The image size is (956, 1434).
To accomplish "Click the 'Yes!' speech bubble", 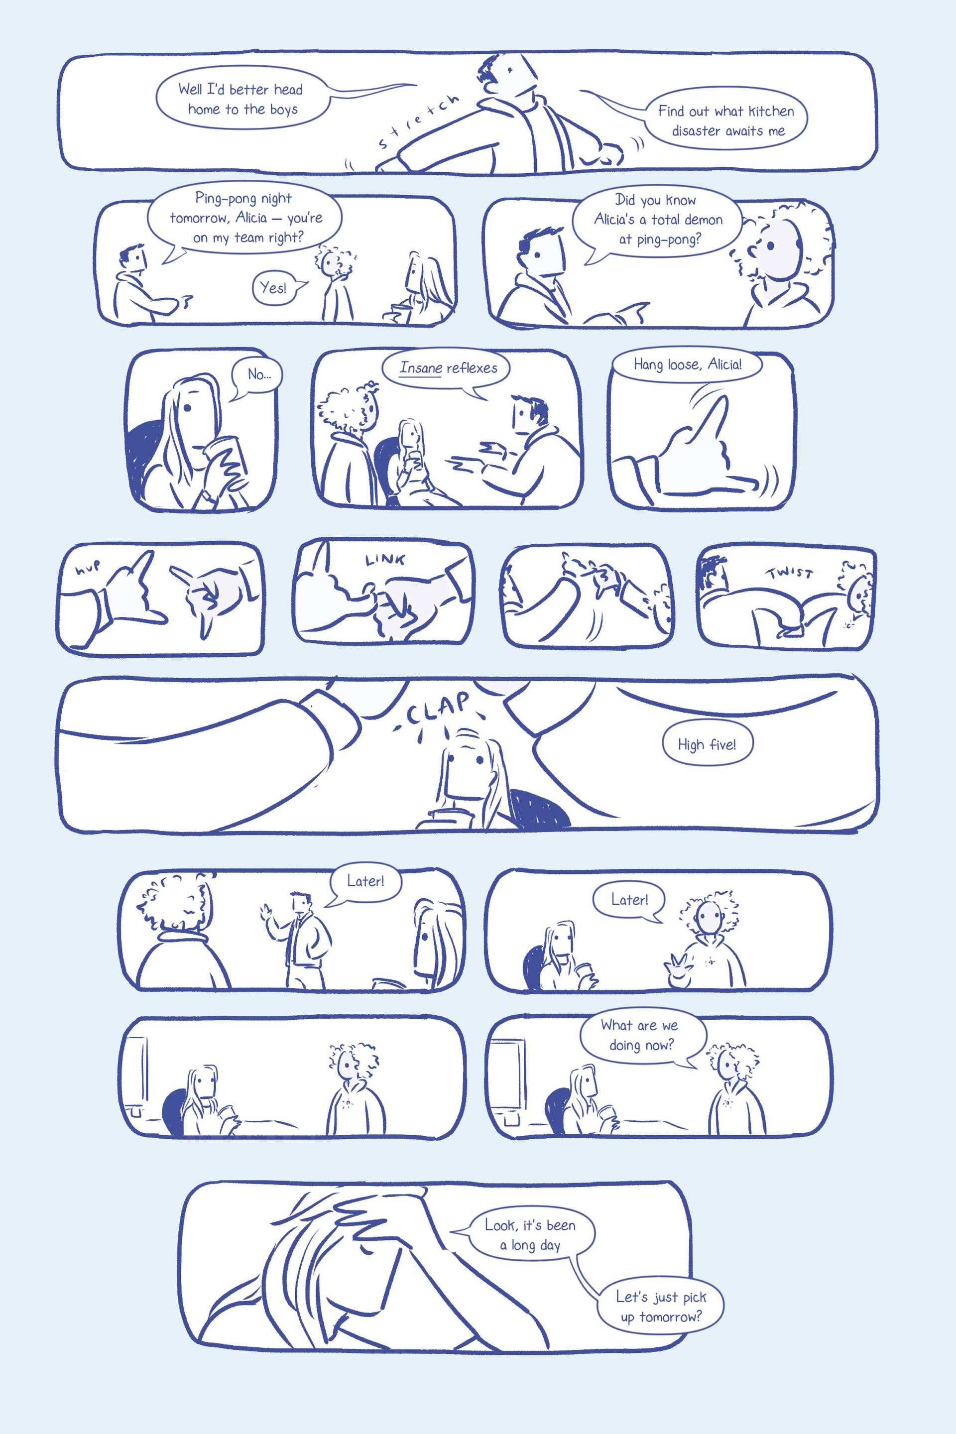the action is tap(274, 288).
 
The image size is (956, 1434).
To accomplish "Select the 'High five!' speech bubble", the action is tap(707, 744).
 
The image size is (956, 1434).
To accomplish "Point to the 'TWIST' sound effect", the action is tap(790, 573).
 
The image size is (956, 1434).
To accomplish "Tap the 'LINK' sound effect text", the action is tap(385, 559).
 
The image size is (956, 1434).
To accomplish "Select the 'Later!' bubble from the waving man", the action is tap(365, 882).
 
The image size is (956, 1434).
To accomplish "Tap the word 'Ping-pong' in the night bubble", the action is tap(221, 199).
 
